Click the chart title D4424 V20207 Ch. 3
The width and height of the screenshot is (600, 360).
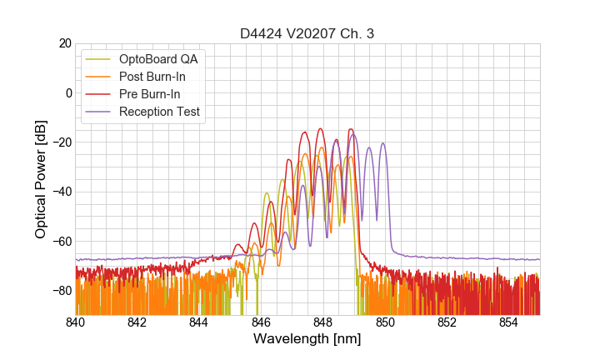pos(307,33)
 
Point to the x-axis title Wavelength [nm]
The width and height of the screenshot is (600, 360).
pos(307,340)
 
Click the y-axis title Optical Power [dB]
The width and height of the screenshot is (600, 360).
pos(41,179)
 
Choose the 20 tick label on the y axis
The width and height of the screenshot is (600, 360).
pos(64,43)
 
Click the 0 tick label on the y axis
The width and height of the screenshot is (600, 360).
pos(68,92)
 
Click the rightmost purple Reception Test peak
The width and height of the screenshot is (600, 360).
pos(383,143)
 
